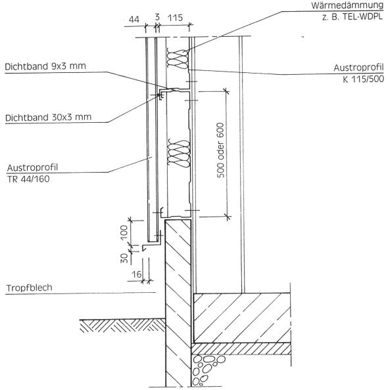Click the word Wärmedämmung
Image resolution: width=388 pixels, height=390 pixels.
tap(347, 5)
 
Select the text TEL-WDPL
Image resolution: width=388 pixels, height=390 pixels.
tap(362, 17)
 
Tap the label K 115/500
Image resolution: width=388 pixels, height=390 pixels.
tap(363, 79)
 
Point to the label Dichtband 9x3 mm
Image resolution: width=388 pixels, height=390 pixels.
tap(45, 66)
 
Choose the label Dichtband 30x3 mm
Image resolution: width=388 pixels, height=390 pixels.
tap(49, 118)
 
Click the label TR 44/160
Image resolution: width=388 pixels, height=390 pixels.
tap(28, 179)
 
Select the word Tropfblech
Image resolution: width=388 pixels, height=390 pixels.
tap(30, 288)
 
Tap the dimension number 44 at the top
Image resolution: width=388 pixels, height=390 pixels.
tap(134, 20)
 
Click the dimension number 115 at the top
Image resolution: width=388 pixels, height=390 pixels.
tap(175, 18)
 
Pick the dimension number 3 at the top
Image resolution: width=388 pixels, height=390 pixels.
tap(157, 17)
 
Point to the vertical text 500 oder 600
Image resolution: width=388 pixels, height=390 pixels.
tap(220, 150)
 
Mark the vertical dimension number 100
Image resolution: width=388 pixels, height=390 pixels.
tap(124, 232)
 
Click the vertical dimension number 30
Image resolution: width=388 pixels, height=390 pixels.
tap(124, 258)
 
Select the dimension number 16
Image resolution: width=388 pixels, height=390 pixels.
tap(137, 274)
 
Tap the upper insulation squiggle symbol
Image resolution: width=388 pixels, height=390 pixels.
tap(178, 58)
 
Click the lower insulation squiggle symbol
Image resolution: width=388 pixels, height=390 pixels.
tap(179, 153)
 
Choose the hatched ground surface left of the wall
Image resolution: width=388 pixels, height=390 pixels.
tap(122, 326)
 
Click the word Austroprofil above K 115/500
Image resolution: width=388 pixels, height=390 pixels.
tap(358, 68)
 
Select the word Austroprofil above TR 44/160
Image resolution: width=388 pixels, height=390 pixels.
tap(32, 167)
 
